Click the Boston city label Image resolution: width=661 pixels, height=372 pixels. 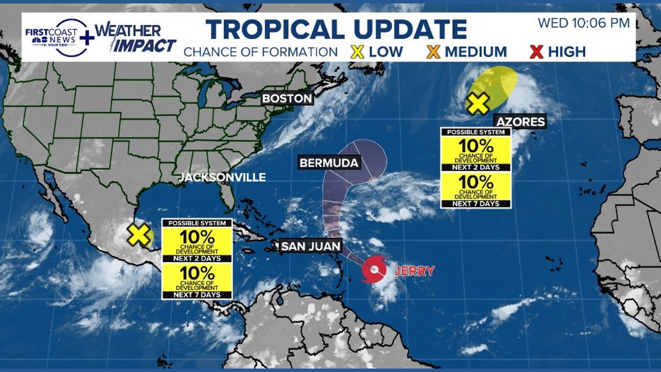287,99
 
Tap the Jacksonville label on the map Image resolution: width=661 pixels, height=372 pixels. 222,177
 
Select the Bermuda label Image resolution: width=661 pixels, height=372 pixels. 329,163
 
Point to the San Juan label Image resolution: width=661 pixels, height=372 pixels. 311,246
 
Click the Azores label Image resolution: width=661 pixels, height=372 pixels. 520,122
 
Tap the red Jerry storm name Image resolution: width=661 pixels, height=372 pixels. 414,271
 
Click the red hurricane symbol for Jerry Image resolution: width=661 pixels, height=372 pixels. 374,269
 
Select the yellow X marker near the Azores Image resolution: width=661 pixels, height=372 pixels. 478,103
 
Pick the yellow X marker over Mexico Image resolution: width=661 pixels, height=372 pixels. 138,235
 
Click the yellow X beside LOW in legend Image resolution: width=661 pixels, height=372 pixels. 357,52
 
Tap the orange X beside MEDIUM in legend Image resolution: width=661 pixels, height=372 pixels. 433,52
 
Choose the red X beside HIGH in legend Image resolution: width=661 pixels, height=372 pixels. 536,52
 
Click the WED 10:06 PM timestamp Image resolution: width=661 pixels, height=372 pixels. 584,23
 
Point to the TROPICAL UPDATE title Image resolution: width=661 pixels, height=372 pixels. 336,29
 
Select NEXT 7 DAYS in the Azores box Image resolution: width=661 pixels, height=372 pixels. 476,204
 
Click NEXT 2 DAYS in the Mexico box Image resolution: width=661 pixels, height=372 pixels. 197,258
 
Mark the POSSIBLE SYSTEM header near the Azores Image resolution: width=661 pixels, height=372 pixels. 476,132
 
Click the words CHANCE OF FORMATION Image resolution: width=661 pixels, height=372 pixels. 261,52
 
